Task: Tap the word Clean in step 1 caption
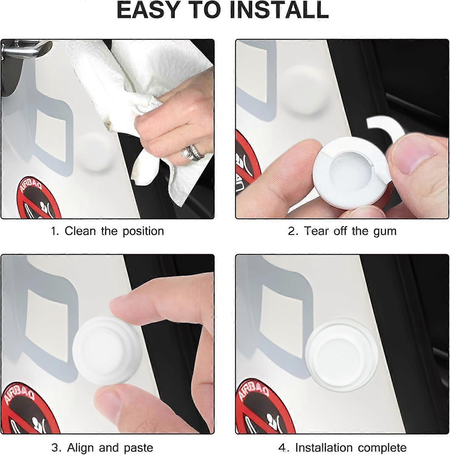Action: coord(80,231)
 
